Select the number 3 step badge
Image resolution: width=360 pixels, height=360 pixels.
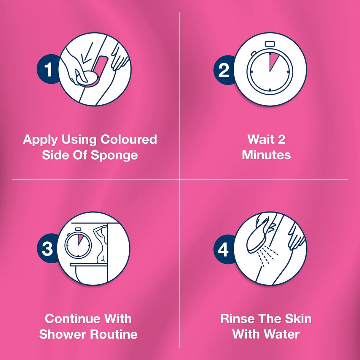(47, 249)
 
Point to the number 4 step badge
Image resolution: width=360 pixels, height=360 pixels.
(223, 249)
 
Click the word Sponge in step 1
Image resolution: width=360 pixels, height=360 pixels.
(114, 156)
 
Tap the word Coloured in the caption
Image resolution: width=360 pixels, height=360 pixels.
(129, 140)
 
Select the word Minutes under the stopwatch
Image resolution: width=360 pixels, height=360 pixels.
(266, 155)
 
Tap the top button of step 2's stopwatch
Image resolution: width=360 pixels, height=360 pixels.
(270, 44)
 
